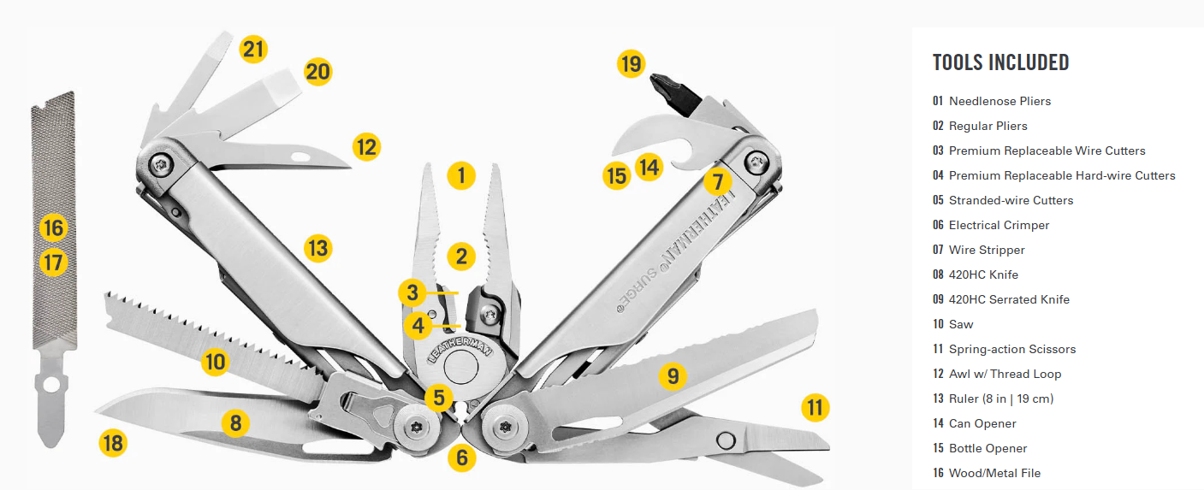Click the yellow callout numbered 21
[253, 50]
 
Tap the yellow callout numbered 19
[631, 64]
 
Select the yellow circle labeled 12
[366, 147]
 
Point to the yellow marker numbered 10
[216, 362]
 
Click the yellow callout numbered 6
[462, 458]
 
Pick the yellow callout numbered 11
[815, 407]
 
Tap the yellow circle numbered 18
[113, 443]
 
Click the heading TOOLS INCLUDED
[1001, 62]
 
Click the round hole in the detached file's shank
[51, 385]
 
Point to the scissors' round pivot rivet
[726, 440]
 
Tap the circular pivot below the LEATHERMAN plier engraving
[460, 367]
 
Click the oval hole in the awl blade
[300, 157]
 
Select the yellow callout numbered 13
[317, 248]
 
